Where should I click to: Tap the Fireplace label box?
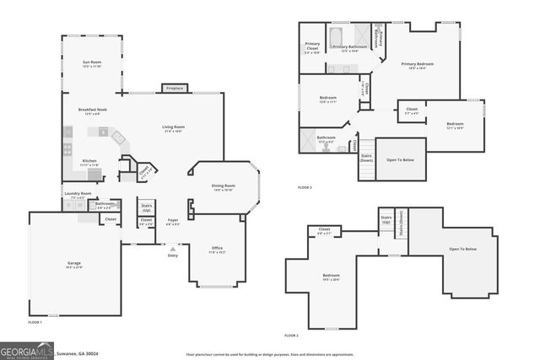point(175,88)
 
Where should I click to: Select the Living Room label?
point(174,128)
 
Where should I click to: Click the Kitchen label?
point(89,161)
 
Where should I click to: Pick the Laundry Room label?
point(77,194)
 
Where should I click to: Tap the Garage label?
point(74,265)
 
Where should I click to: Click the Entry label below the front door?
point(173,255)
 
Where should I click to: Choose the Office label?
point(217,249)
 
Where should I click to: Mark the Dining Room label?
point(224,186)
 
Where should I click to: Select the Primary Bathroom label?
point(348,48)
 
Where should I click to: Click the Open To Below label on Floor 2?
point(463,249)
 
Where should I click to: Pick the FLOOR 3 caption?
point(305,187)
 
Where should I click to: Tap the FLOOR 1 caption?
point(35,322)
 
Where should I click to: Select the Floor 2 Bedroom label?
point(331,277)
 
